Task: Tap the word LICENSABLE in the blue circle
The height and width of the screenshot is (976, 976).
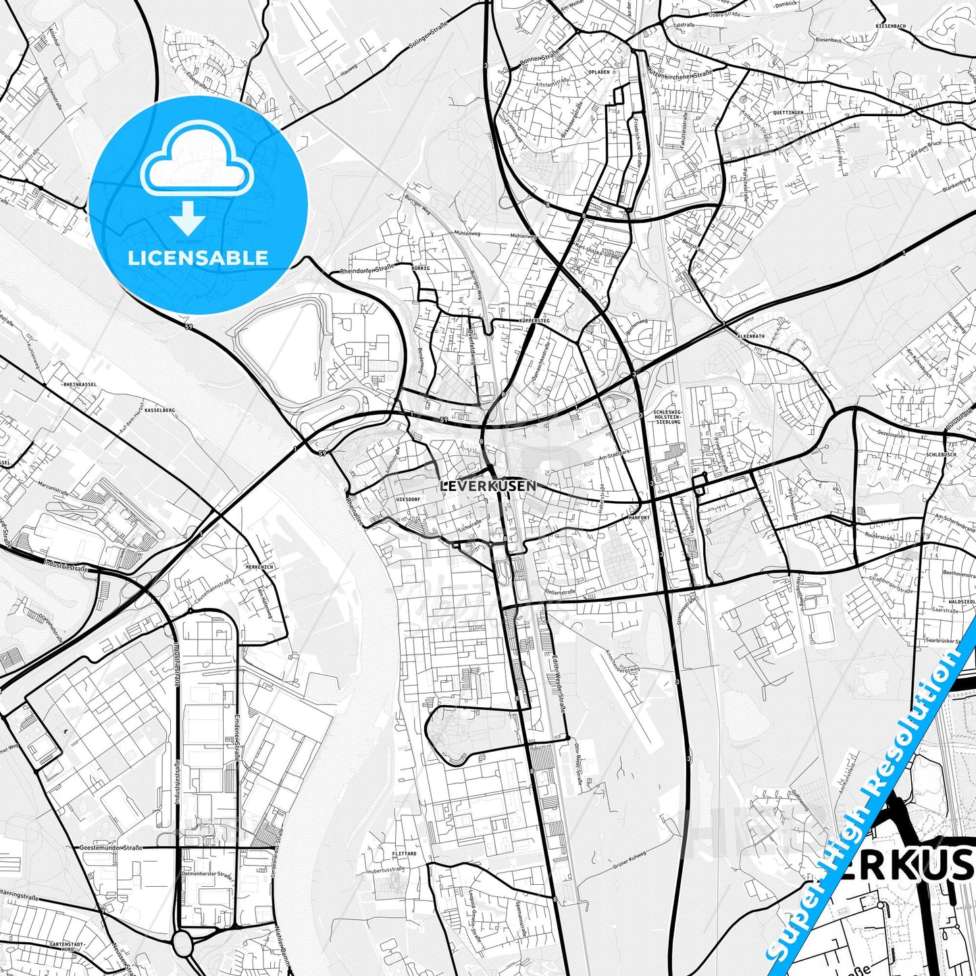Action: click(199, 257)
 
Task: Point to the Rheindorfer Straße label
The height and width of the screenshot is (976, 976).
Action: click(367, 271)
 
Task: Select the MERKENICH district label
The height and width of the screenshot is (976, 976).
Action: click(259, 567)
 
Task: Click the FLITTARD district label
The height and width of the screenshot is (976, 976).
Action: click(404, 854)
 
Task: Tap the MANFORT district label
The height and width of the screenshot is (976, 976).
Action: click(638, 517)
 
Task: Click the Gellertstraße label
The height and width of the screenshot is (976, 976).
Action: click(561, 590)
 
